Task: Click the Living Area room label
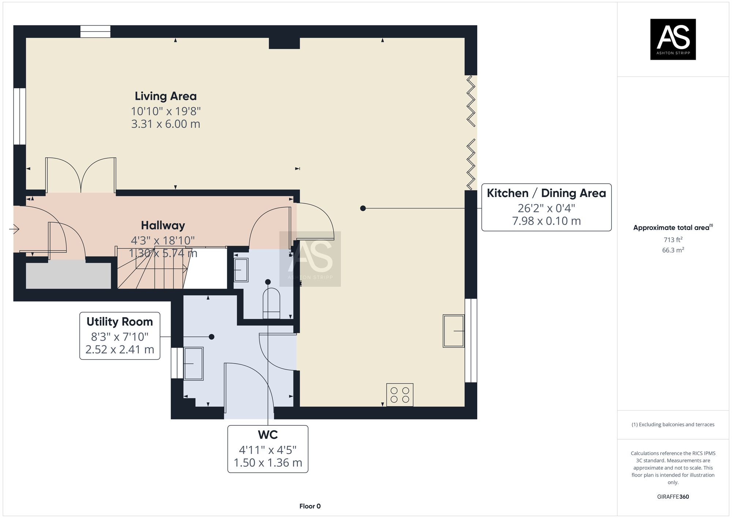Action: point(165,96)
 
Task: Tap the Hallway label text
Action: point(163,225)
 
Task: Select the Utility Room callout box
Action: point(120,336)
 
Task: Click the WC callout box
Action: point(268,449)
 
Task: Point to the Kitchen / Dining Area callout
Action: point(546,207)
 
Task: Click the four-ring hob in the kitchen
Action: point(400,395)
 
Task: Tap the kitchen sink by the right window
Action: point(453,331)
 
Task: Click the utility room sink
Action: point(193,363)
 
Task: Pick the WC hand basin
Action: point(241,270)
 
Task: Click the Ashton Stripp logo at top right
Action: point(673,39)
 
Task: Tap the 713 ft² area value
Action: point(673,240)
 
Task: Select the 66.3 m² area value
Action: point(673,250)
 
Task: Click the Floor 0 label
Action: point(310,506)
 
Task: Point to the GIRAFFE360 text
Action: point(673,497)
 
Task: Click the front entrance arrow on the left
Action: point(14,229)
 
